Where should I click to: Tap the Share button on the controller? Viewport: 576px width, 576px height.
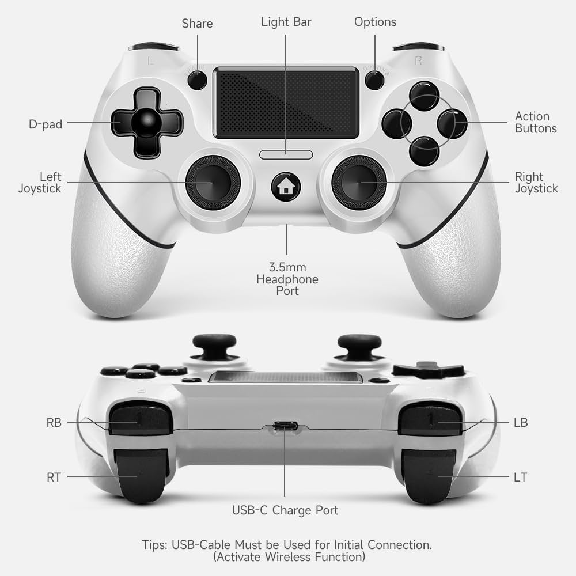coord(198,80)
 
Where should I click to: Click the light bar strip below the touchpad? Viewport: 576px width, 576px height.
coord(286,154)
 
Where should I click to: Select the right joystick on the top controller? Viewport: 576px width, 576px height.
coord(359,182)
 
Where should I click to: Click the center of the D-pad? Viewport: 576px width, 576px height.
coord(146,123)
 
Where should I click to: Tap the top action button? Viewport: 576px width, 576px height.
coord(425,95)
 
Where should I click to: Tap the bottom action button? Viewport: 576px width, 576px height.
coord(425,150)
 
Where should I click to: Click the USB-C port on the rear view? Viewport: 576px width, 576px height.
coord(285,427)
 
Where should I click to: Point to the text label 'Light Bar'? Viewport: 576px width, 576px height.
coord(286,22)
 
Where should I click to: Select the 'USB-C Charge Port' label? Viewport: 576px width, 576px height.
coord(285,510)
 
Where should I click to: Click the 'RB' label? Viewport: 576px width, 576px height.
coord(54,423)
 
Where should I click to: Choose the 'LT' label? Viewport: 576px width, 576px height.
coord(520,477)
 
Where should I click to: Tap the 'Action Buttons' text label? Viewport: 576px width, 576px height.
coord(535,123)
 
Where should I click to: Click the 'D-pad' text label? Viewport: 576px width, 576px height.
coord(46,124)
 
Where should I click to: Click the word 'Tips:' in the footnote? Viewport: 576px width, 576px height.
coord(155,544)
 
